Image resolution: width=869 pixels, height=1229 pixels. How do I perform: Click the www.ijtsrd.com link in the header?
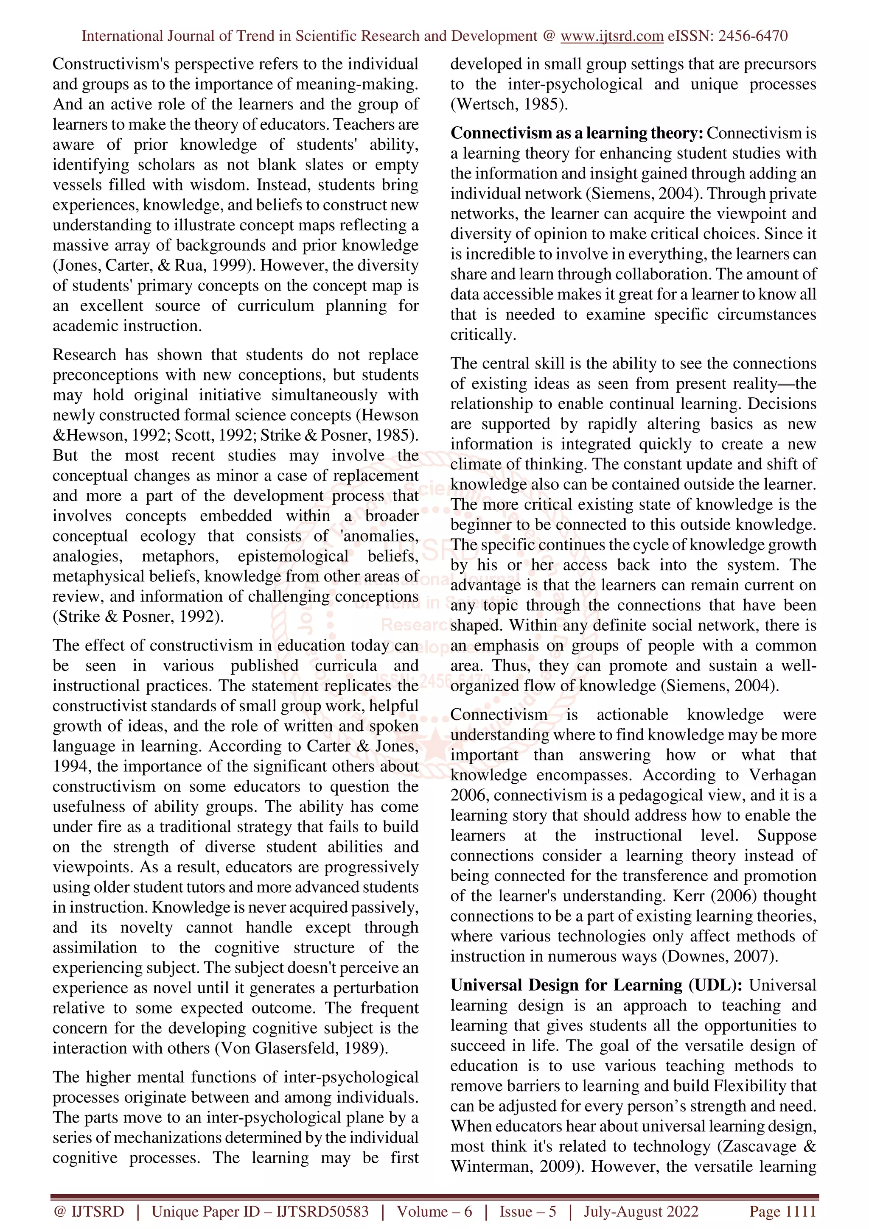point(611,36)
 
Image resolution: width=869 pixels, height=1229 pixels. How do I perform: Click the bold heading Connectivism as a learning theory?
point(577,133)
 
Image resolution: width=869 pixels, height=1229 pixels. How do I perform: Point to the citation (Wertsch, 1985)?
point(509,104)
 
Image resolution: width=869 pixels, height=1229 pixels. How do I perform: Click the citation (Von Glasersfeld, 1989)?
point(301,1047)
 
